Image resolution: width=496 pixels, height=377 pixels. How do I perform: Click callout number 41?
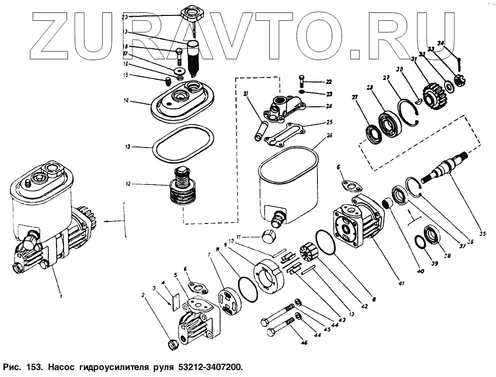pyautogui.click(x=401, y=284)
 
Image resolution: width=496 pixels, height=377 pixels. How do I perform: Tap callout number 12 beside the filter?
pyautogui.click(x=127, y=184)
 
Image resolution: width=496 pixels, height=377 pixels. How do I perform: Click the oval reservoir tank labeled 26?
pyautogui.click(x=288, y=184)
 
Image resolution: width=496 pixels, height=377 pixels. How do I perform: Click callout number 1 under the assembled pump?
pyautogui.click(x=61, y=296)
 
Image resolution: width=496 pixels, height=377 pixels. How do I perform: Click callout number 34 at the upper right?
pyautogui.click(x=441, y=43)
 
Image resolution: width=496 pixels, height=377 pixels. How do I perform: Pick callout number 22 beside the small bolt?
pyautogui.click(x=328, y=81)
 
